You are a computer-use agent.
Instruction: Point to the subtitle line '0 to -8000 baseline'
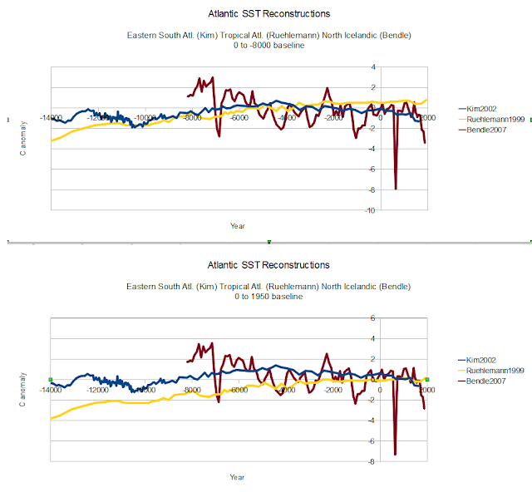(x=268, y=45)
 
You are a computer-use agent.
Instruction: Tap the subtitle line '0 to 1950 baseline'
(x=268, y=297)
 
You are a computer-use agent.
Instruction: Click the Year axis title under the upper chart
(x=238, y=225)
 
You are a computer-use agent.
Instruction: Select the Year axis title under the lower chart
(x=238, y=477)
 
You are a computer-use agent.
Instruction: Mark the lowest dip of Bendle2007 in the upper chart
(x=396, y=189)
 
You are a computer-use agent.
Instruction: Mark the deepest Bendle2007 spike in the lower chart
(x=395, y=454)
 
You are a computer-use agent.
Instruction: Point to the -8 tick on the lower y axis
(x=372, y=461)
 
